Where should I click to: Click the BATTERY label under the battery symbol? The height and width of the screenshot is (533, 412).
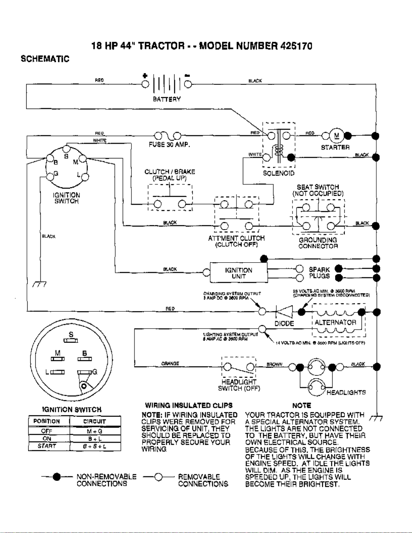point(166,99)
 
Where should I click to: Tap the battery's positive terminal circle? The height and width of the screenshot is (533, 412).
point(145,84)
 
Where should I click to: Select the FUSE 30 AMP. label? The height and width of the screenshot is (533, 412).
point(170,145)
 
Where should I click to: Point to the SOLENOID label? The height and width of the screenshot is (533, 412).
point(278,173)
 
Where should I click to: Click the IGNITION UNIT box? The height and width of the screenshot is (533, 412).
point(238,273)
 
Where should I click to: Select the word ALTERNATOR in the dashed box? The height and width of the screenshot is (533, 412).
point(335,322)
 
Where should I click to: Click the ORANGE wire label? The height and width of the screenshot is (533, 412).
point(170,364)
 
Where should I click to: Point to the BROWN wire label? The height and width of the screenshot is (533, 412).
point(274,364)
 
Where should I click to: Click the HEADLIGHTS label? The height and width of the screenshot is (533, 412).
point(346,392)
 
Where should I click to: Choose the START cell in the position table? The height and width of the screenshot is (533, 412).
point(47,446)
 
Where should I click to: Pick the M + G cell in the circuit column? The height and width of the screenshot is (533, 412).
point(95,431)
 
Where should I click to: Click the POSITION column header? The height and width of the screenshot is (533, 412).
point(47,421)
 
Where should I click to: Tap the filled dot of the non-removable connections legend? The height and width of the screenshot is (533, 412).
point(57,477)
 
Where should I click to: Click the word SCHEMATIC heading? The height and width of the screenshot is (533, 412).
point(45,59)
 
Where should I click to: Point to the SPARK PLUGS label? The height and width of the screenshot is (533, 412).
point(319,273)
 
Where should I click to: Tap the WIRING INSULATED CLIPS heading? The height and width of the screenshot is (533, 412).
point(189,405)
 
